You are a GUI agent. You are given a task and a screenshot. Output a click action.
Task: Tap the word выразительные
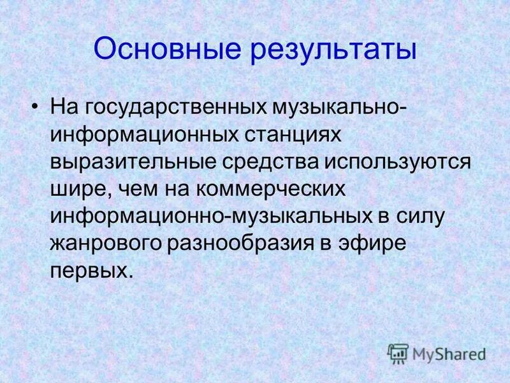click(135, 162)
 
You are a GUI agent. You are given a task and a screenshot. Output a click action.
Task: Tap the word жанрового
click(107, 245)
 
